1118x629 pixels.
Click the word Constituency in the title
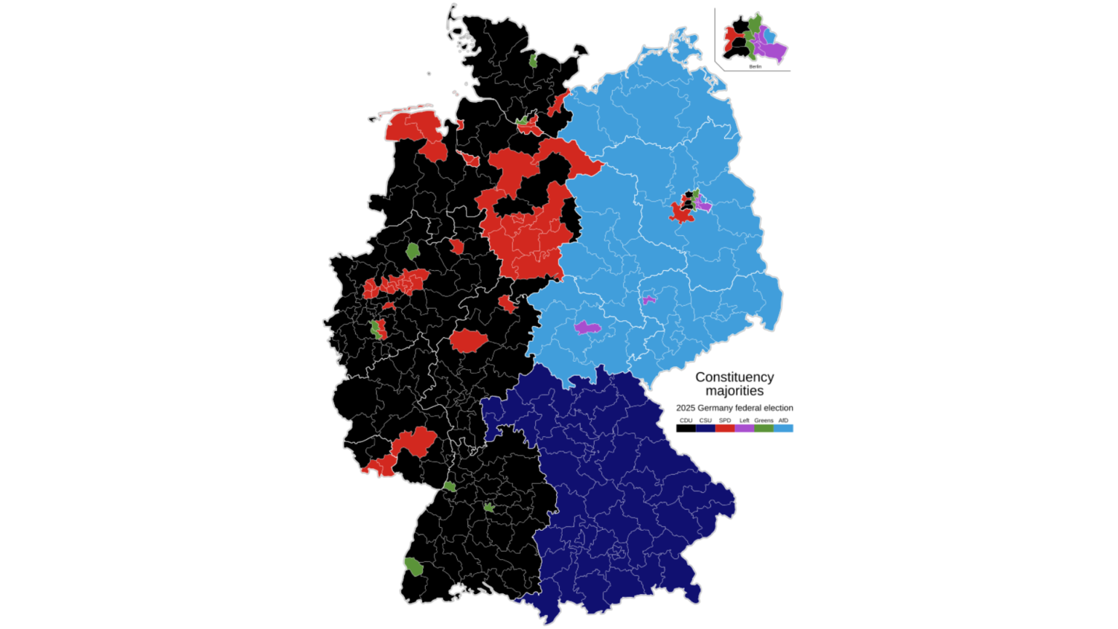point(734,377)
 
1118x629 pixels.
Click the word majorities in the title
point(734,391)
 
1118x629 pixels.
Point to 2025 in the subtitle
point(686,408)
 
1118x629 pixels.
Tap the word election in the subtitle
point(777,408)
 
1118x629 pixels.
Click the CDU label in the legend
point(686,421)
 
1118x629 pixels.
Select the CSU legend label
point(705,421)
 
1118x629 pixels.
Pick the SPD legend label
point(725,421)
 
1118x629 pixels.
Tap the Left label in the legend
point(744,421)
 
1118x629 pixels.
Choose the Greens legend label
point(764,421)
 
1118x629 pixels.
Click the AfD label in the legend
point(783,421)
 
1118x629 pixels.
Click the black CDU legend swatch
point(686,429)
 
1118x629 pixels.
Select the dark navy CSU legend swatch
point(705,429)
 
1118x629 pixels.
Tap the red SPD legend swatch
point(725,429)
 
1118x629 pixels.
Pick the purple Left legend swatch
point(744,429)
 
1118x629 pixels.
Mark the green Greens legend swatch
point(764,429)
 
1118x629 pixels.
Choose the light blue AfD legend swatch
point(783,429)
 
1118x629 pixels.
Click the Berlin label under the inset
point(755,67)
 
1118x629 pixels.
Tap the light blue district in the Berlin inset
point(769,35)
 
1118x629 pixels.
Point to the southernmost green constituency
point(413,566)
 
